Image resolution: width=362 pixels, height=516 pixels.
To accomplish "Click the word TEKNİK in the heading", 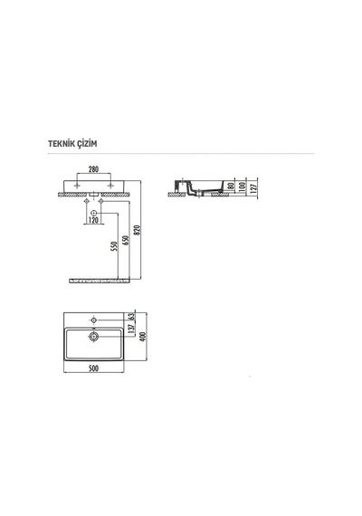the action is click(x=61, y=144).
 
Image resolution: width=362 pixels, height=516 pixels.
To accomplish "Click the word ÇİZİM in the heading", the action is click(x=86, y=144).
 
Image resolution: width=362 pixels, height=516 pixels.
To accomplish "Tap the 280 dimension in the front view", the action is click(x=93, y=169).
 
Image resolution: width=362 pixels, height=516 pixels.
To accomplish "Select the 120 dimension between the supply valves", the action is click(x=94, y=220).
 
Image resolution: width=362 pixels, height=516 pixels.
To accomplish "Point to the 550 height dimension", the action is click(x=114, y=246).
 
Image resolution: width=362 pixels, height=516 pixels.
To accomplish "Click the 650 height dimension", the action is click(x=126, y=240).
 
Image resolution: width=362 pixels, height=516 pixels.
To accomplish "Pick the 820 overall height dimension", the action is click(x=138, y=230).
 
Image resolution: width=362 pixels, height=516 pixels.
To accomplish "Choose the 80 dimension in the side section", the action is click(x=231, y=186).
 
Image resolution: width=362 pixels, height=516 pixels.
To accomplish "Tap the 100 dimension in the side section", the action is click(x=243, y=186).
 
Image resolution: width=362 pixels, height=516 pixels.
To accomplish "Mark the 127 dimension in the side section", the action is click(x=253, y=189).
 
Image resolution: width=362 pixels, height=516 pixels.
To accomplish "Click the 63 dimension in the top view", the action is click(x=131, y=316).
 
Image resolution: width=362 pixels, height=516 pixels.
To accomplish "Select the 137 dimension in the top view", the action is click(x=131, y=330).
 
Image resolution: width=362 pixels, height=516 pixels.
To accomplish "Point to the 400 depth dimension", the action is click(x=142, y=337).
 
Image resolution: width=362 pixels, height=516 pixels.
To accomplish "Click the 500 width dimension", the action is click(x=94, y=368).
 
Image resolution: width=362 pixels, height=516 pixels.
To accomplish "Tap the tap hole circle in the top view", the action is click(x=94, y=320).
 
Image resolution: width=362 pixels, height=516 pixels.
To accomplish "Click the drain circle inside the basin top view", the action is click(x=94, y=337).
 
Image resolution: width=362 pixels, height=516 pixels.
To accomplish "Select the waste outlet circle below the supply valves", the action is click(x=94, y=213).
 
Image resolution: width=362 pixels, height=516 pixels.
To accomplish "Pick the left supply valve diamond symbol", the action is click(x=86, y=201).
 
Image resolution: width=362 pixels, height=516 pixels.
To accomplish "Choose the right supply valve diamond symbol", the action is click(x=101, y=201).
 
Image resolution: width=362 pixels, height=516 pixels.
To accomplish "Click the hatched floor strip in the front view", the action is click(x=100, y=281).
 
